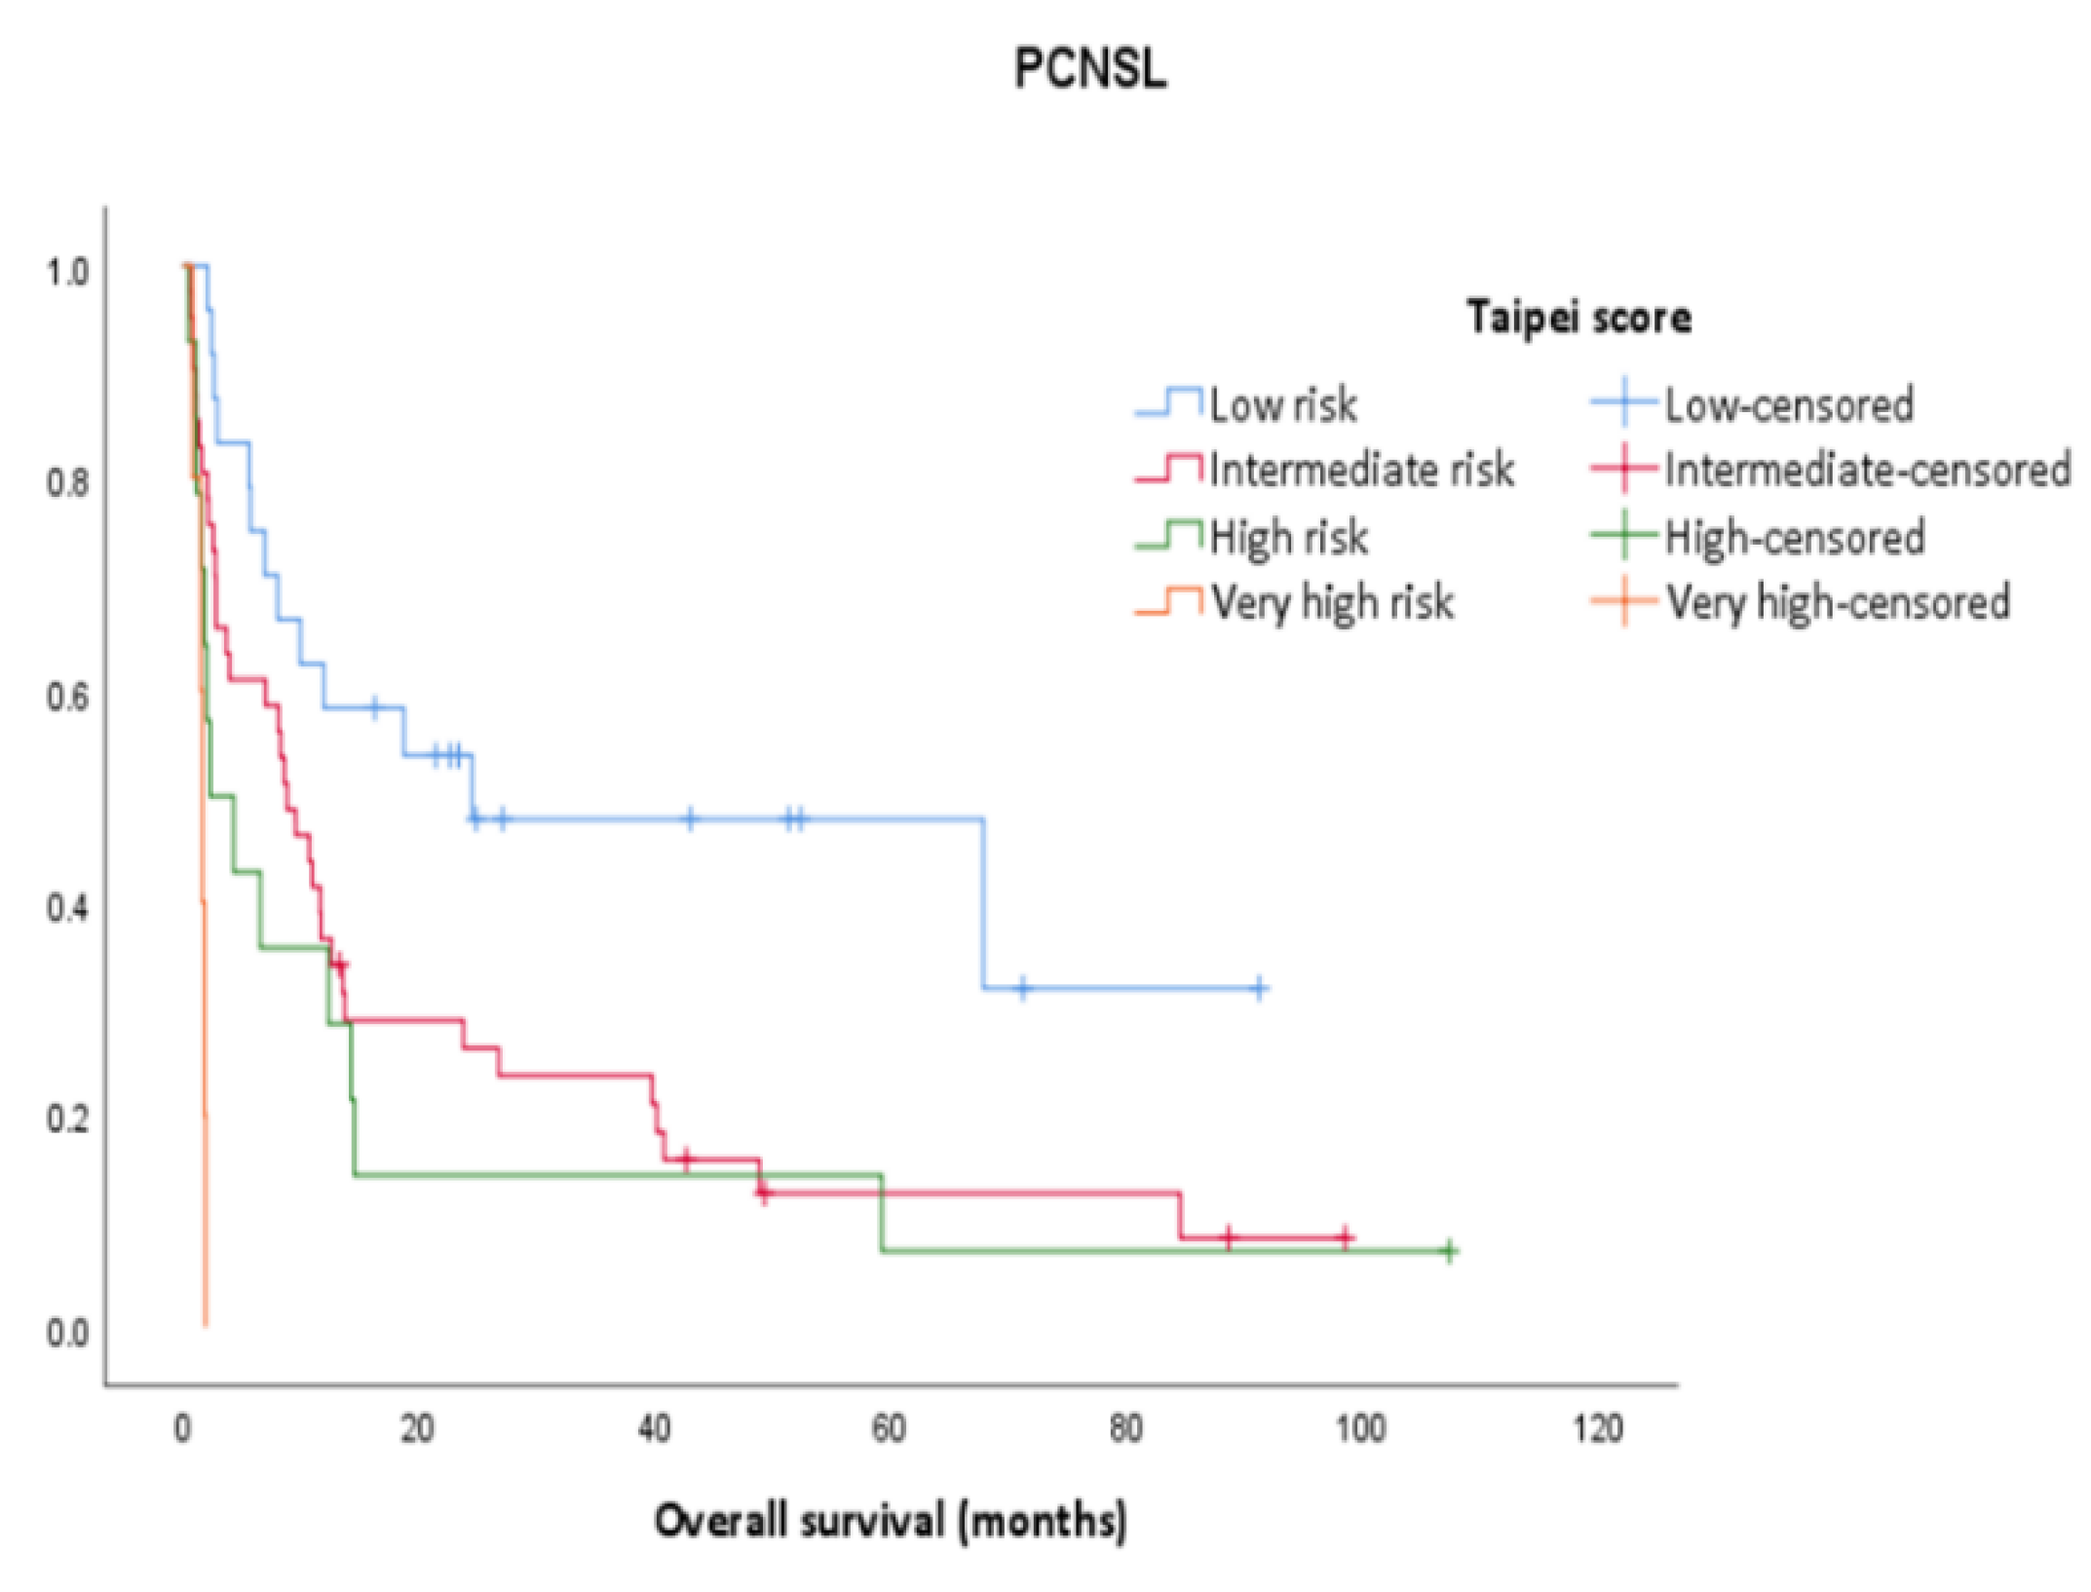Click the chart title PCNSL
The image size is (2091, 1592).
1089,69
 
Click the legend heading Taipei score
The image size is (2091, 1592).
1578,318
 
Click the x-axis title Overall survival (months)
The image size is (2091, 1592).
891,1520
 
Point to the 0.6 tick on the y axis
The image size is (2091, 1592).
67,697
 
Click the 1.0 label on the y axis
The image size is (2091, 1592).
67,273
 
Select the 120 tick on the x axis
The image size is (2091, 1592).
1598,1429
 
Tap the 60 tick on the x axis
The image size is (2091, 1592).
889,1429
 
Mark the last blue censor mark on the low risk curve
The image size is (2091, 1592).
1259,988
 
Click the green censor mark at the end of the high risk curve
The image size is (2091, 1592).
1449,1250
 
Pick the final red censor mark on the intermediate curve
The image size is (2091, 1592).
1345,1237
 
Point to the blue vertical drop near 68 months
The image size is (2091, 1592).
983,901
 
